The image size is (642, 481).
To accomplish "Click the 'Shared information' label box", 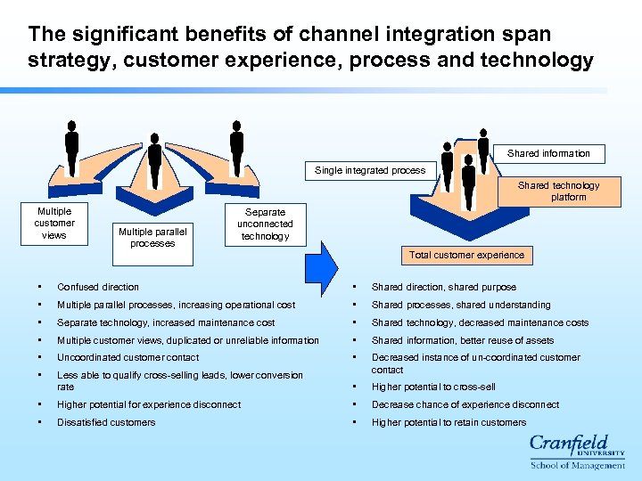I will click(548, 153).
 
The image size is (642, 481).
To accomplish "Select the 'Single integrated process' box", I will click(370, 170).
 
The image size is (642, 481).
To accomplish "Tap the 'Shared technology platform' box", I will click(558, 192).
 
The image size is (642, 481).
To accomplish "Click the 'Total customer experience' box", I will click(466, 255).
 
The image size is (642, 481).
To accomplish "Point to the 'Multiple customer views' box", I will click(54, 224).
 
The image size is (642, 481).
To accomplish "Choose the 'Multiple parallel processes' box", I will click(152, 238).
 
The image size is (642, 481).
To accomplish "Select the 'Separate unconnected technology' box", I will click(265, 224).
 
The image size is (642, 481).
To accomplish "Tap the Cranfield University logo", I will click(577, 451).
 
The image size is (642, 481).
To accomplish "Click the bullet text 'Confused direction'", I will click(98, 287).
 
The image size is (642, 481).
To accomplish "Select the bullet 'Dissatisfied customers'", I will click(106, 422).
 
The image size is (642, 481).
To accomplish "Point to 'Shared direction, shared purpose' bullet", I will click(443, 287).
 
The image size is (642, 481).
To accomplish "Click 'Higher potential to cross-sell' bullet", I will click(433, 387).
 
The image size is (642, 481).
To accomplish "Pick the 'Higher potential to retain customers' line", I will click(449, 422).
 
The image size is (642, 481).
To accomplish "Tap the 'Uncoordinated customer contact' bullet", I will click(128, 357).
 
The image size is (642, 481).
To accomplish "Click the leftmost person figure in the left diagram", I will click(71, 147).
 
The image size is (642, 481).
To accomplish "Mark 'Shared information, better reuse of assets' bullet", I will click(462, 340).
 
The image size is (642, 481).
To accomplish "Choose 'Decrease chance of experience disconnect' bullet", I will click(465, 404).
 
